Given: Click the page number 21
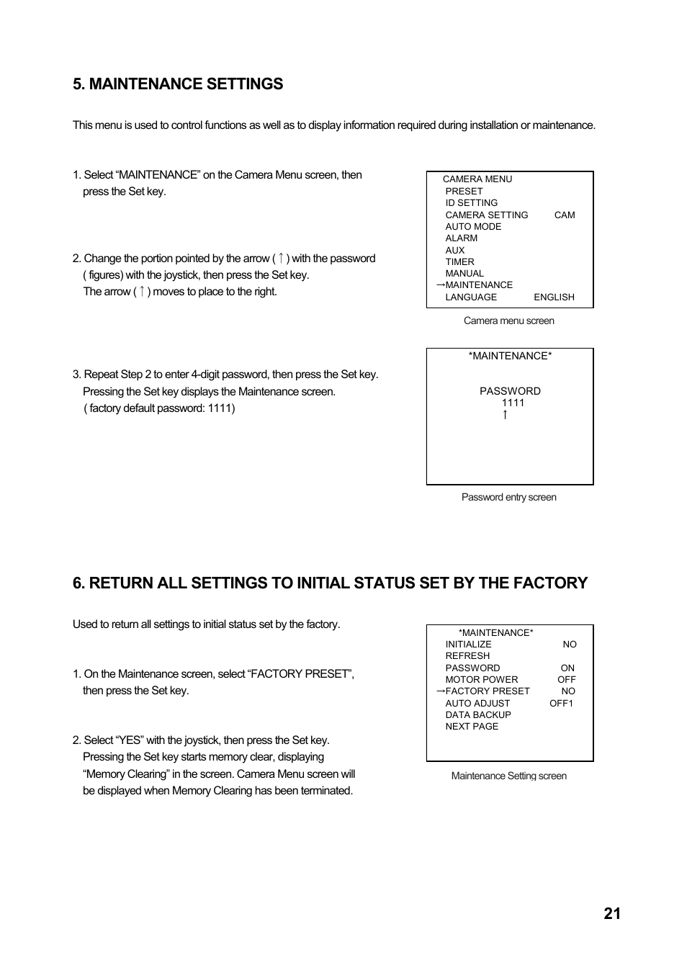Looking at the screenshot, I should point(611,914).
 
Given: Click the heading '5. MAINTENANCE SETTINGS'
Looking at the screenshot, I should point(178,84).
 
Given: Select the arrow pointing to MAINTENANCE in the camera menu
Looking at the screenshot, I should point(440,285).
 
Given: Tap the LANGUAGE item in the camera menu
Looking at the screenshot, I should point(471,297).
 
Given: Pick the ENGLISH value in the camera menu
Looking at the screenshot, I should point(554,297).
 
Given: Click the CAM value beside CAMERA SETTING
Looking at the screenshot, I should point(565,215).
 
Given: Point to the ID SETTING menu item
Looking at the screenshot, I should point(471,203).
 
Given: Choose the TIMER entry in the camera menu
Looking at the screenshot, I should point(459,262).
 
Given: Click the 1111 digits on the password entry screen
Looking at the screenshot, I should point(513,403).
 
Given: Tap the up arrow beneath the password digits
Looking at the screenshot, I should point(505,415).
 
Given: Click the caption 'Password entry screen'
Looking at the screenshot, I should point(508,498).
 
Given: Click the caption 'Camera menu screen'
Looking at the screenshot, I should point(508,321).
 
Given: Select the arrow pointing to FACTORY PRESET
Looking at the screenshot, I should point(440,691).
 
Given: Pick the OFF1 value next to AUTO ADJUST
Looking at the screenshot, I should point(561,704).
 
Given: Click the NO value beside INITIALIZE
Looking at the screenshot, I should point(570,645).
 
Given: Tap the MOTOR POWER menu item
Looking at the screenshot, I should point(481,680).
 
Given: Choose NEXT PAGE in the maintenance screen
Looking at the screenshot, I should point(472,727).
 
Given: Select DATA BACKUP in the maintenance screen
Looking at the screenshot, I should point(477,715).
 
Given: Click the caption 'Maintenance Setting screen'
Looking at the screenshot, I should point(508,776).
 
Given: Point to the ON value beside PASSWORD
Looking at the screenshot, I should point(567,668).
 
